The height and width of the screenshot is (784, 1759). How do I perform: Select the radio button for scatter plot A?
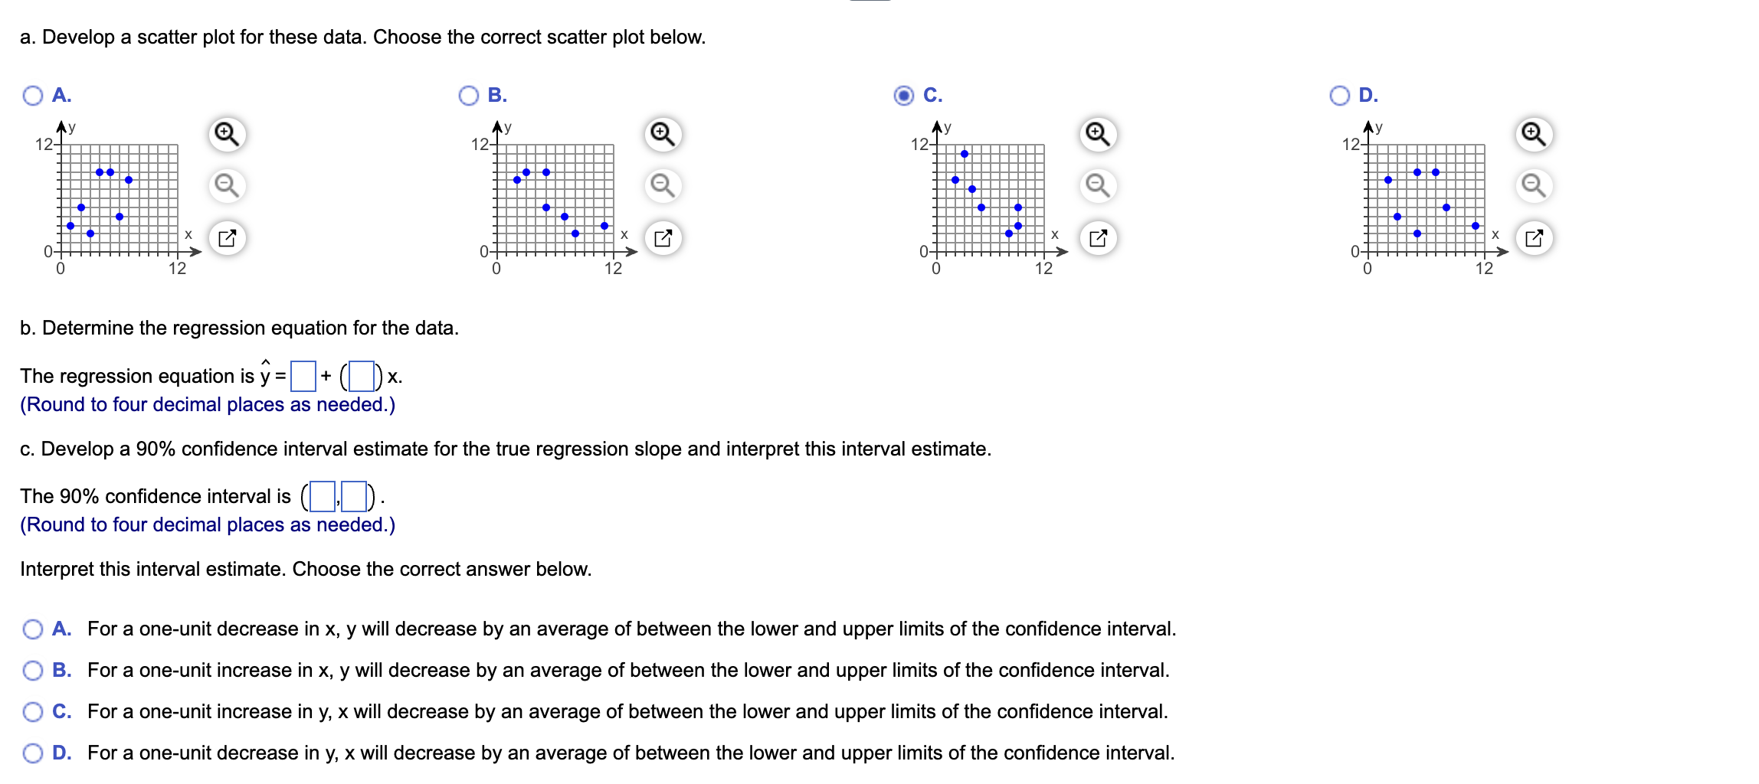tap(33, 96)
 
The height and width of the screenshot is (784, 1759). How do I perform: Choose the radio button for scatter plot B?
tap(469, 96)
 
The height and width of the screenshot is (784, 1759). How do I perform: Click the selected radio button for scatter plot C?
tap(904, 96)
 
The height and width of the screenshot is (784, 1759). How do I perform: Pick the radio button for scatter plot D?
tap(1340, 96)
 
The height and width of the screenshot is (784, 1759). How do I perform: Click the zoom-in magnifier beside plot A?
tap(227, 134)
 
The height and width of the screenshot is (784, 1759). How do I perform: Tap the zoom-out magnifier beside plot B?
tap(663, 185)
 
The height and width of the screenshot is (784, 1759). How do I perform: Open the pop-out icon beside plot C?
tap(1098, 238)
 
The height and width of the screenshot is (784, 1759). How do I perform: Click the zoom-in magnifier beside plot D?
tap(1534, 134)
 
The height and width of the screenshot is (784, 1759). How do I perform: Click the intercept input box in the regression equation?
tap(303, 376)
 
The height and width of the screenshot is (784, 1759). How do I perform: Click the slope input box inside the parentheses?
tap(362, 376)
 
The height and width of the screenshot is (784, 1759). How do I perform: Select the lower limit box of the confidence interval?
tap(323, 496)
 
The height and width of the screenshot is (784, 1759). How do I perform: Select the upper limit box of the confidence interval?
tap(354, 496)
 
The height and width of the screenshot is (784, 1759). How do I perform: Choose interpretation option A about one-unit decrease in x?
tap(33, 629)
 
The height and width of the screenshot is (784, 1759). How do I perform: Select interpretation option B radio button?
tap(33, 671)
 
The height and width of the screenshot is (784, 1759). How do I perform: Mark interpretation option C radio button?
tap(33, 712)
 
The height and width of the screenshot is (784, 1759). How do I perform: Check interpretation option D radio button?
tap(33, 753)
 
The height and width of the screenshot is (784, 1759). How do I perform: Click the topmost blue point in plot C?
tap(965, 154)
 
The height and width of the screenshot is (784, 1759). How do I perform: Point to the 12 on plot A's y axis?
tap(44, 145)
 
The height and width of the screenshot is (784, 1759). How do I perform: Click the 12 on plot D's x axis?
tap(1484, 268)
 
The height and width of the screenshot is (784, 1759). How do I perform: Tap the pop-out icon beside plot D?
tap(1534, 238)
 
